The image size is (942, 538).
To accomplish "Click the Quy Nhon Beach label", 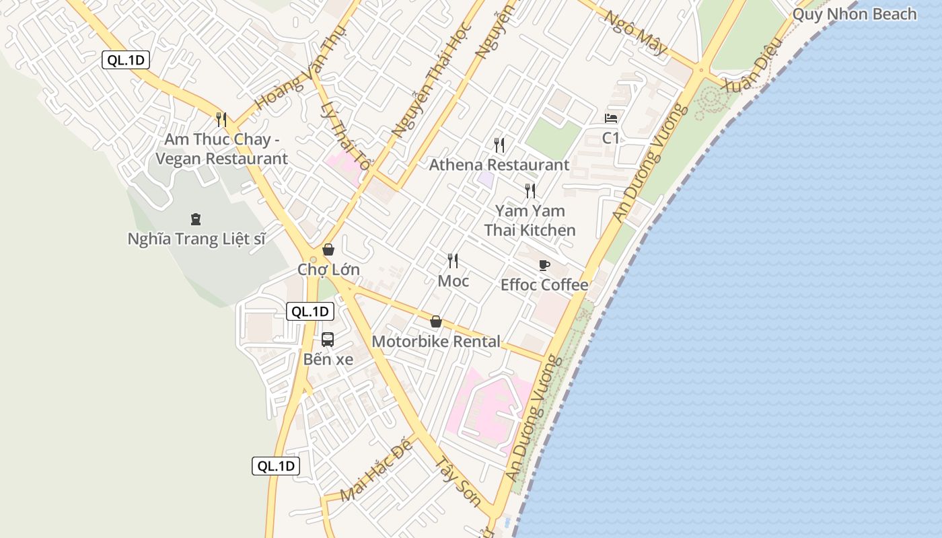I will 854,14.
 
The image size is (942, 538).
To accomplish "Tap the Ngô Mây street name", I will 635,32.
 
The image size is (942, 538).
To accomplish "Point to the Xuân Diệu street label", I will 752,64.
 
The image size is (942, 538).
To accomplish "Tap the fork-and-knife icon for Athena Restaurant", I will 499,145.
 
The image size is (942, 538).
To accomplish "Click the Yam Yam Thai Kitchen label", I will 530,221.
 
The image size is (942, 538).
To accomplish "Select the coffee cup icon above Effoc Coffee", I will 544,265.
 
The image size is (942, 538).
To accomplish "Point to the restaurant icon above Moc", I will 454,261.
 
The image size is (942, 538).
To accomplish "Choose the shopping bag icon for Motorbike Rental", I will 436,322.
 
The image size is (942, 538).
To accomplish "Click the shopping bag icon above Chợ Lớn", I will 328,249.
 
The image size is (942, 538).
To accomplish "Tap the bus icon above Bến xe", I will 328,339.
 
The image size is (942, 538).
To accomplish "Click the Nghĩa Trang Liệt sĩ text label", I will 196,239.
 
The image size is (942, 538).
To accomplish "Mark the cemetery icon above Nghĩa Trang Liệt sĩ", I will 196,219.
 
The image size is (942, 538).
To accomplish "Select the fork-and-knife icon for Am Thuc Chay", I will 221,119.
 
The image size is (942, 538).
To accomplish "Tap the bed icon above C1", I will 611,118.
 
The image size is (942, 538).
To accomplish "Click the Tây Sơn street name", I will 458,482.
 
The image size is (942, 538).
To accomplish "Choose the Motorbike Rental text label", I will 436,342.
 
